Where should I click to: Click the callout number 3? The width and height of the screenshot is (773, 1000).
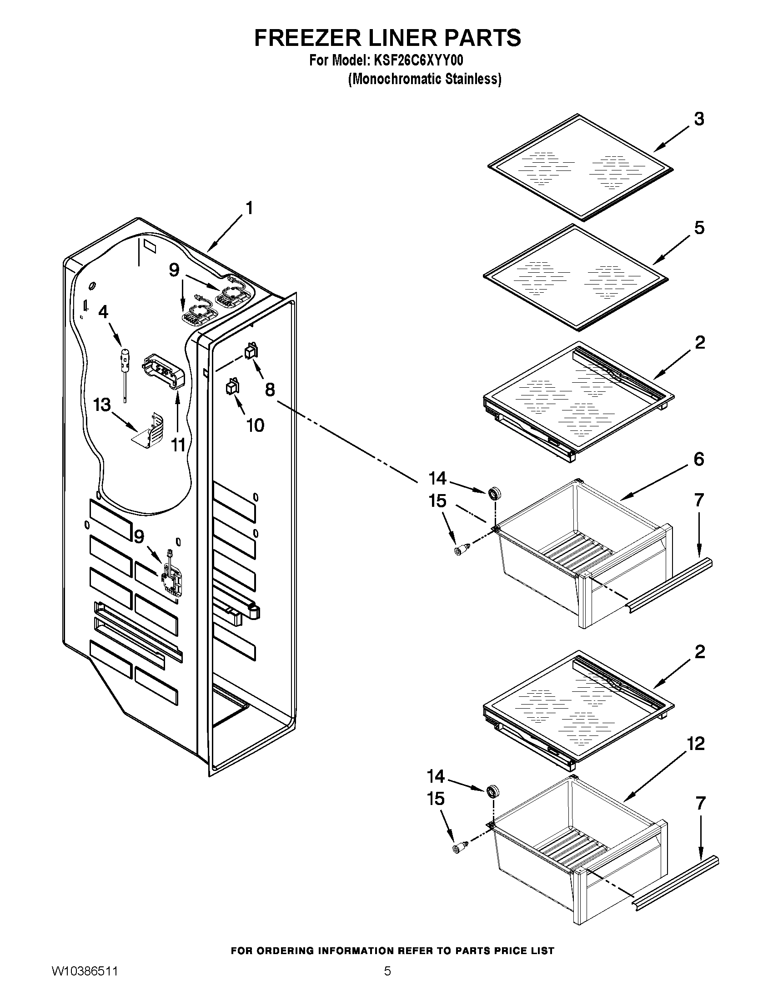[698, 119]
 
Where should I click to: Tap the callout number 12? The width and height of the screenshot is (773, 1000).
[696, 744]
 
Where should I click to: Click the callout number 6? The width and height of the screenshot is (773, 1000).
[698, 459]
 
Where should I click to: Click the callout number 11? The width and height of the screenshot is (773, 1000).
[178, 445]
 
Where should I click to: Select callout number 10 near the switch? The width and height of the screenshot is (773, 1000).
[255, 425]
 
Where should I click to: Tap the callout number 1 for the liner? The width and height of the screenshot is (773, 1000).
[249, 209]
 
